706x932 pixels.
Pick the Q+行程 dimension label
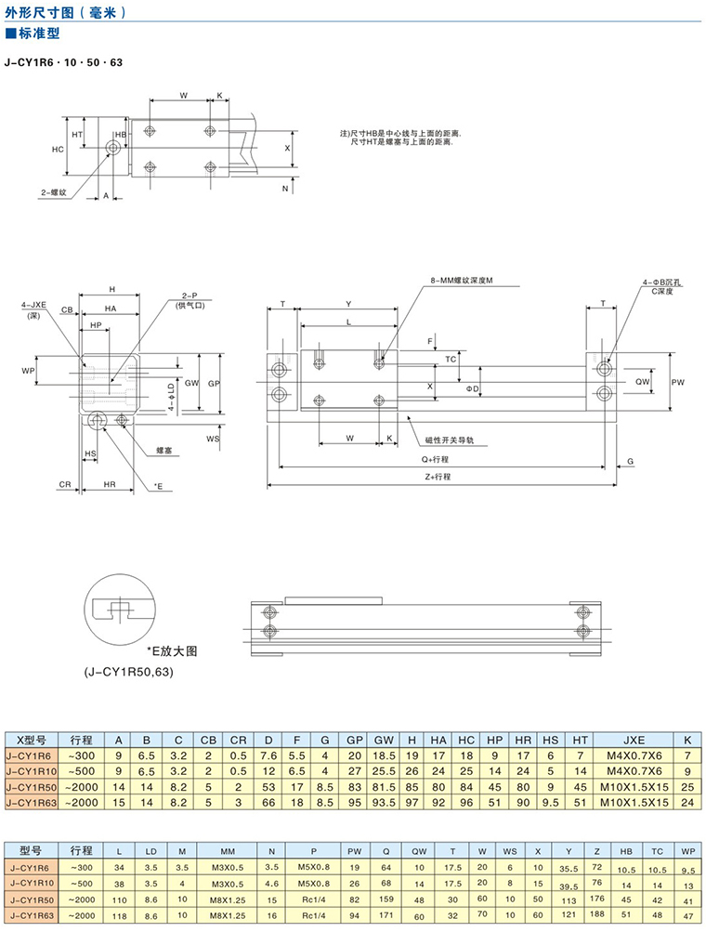pos(435,459)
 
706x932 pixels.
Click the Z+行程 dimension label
pos(435,476)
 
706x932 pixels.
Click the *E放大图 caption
pos(173,650)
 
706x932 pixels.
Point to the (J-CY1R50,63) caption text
pos(128,671)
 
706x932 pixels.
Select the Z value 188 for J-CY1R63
pos(597,914)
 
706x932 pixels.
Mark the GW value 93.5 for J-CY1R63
pos(378,801)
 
